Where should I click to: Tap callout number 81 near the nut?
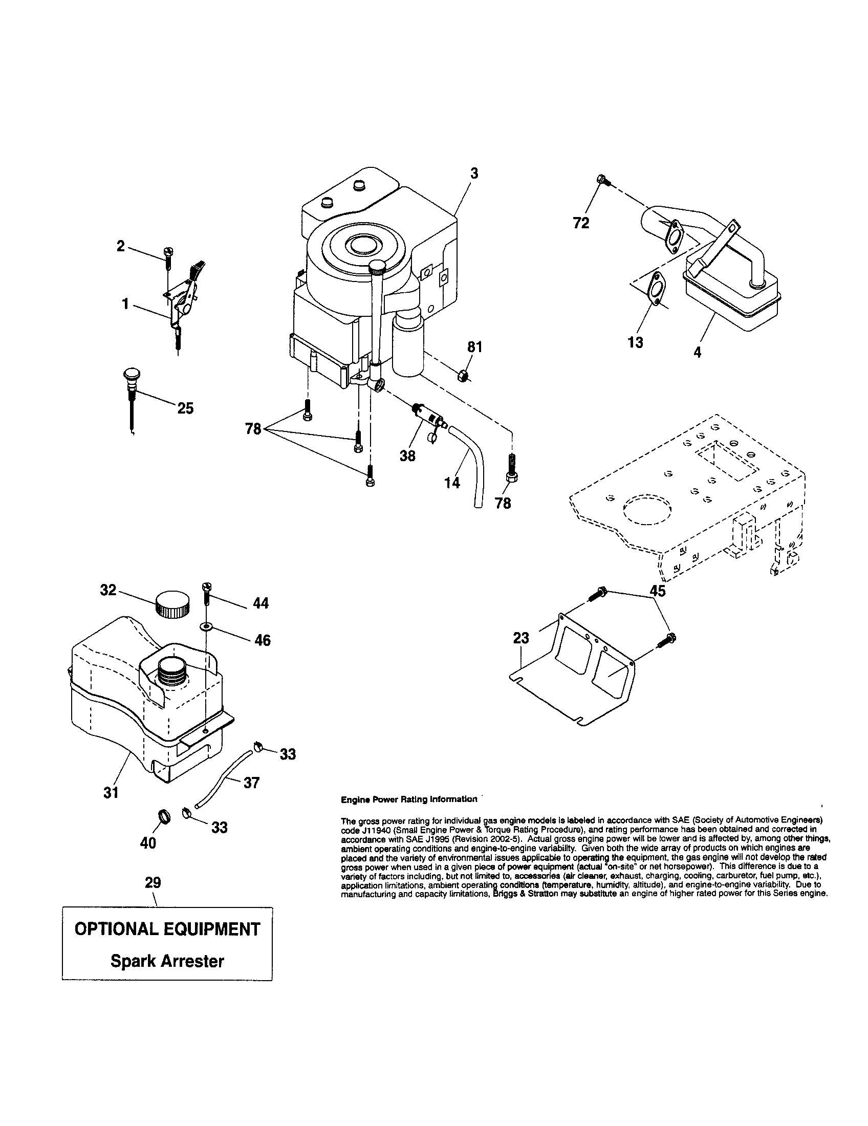474,348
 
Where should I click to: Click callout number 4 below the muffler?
697,353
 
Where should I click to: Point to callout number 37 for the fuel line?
251,783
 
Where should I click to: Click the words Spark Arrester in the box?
167,962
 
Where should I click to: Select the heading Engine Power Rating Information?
409,799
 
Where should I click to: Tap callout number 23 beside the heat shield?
520,638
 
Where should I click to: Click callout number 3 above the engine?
474,174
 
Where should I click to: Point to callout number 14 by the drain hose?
452,483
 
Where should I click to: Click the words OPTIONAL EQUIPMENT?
167,929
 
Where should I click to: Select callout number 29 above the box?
153,883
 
